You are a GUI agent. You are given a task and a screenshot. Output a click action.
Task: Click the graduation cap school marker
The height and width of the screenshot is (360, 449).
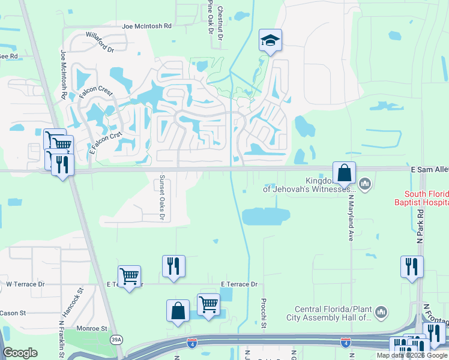[270, 41]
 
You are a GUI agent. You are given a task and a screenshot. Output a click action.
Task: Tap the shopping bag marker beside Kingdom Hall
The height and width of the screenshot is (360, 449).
[345, 173]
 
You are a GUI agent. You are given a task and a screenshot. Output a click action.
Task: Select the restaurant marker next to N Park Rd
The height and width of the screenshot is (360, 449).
[412, 267]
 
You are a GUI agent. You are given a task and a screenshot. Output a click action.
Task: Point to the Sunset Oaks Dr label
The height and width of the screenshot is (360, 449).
[161, 198]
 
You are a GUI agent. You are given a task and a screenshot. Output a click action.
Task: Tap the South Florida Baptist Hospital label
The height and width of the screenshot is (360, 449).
[426, 198]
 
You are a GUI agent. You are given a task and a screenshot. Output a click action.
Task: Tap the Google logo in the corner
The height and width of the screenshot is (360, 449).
[20, 353]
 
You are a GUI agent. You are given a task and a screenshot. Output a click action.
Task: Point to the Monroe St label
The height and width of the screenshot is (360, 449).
[92, 329]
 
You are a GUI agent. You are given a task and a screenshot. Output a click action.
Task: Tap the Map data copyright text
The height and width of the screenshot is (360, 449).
[411, 355]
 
